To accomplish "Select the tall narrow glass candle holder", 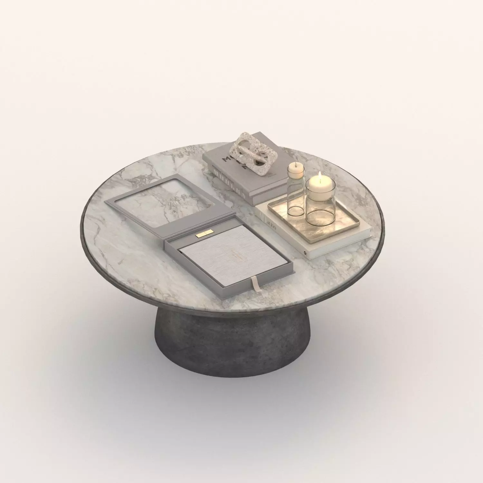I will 295,193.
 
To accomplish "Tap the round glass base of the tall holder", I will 295,211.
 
